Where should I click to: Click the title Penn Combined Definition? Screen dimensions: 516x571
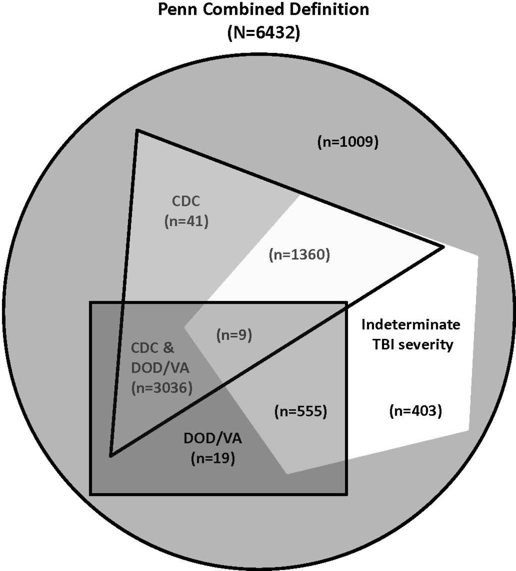(x=263, y=9)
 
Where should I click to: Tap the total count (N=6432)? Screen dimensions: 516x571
(x=263, y=33)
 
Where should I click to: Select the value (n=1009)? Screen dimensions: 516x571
(x=348, y=142)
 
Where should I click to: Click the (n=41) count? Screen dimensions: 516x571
(x=186, y=221)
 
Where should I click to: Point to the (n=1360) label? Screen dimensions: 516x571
(x=299, y=255)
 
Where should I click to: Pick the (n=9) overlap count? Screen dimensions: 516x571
(x=234, y=335)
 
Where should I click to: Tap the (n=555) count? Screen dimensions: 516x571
(x=300, y=411)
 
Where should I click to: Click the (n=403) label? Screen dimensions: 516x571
(x=416, y=411)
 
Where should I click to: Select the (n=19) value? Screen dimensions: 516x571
(x=213, y=458)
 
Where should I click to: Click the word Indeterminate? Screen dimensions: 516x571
(x=411, y=325)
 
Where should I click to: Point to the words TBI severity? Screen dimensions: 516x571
(x=412, y=345)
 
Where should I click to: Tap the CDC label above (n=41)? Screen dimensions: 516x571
(x=186, y=201)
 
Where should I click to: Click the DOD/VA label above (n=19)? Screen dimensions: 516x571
(x=213, y=439)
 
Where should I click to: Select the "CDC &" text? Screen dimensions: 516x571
(x=153, y=348)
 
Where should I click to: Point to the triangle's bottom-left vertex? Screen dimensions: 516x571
(x=110, y=456)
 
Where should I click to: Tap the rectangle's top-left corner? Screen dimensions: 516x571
(x=91, y=302)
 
